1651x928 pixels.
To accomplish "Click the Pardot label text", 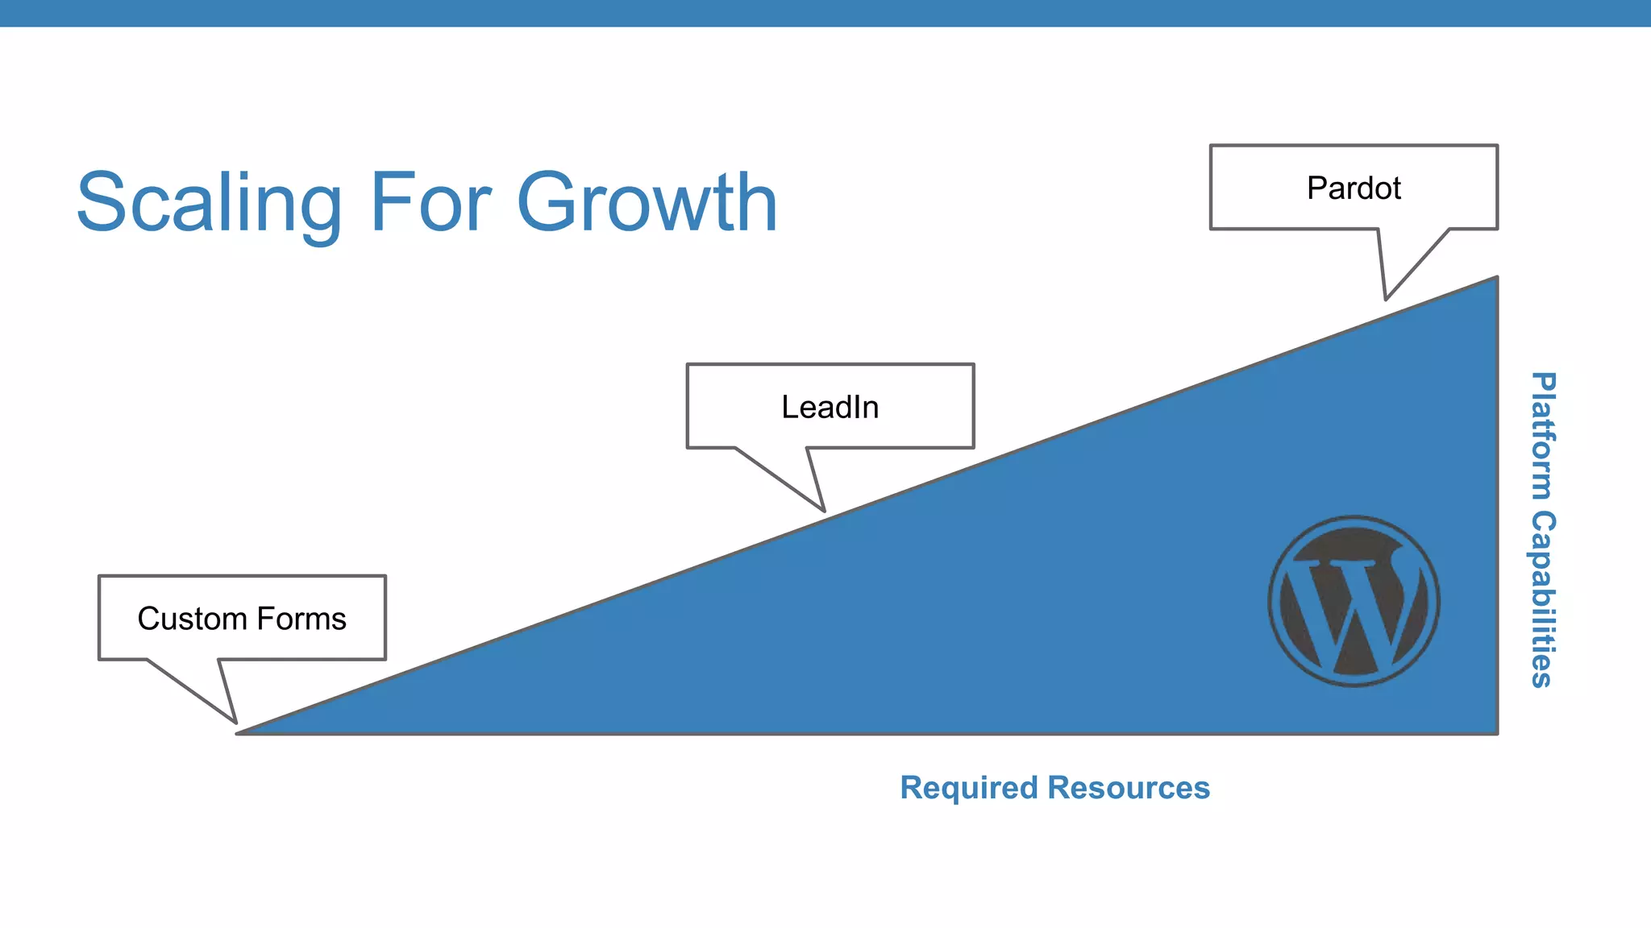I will tap(1354, 188).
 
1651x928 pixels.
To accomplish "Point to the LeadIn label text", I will tap(830, 408).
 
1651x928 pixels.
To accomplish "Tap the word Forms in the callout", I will tap(302, 619).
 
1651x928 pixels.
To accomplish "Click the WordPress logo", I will tap(1354, 601).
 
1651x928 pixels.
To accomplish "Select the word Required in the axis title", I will tap(968, 788).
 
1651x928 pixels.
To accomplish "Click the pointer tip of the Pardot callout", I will tap(1386, 299).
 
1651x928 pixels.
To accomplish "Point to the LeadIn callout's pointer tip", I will tap(824, 511).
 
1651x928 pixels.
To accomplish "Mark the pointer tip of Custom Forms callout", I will tap(235, 722).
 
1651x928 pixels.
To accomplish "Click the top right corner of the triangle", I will tap(1496, 279).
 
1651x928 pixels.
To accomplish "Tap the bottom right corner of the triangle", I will tap(1496, 732).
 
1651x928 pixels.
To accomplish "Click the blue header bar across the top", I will tap(825, 13).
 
